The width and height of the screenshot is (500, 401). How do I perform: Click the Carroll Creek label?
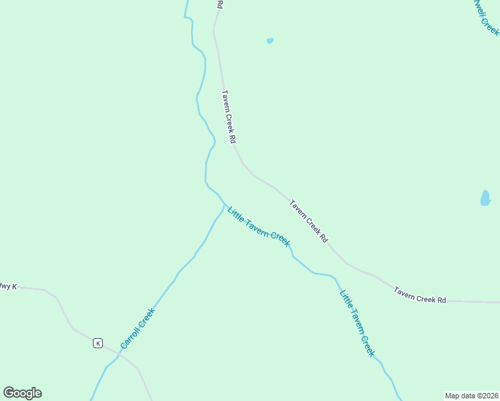[x=138, y=328]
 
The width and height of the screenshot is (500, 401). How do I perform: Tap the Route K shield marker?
[x=98, y=343]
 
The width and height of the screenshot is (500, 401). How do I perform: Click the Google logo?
[x=22, y=393]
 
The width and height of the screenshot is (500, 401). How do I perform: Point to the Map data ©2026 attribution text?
[x=471, y=396]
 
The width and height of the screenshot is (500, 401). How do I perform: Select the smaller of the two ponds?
[x=270, y=41]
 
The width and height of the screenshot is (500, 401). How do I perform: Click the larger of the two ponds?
[x=485, y=198]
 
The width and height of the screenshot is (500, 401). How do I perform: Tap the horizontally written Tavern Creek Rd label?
[x=420, y=295]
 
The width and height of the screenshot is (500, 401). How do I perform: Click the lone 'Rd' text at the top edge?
[x=219, y=4]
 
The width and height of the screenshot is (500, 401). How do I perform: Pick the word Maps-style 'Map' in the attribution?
[x=452, y=396]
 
